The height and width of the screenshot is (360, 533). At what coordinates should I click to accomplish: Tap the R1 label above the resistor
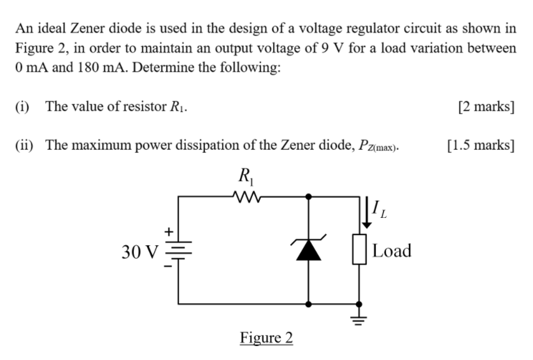(244, 175)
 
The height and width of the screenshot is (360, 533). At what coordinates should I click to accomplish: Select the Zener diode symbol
(309, 251)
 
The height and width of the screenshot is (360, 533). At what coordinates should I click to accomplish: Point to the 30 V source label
(139, 252)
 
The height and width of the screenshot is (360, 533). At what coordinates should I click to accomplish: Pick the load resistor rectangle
(360, 250)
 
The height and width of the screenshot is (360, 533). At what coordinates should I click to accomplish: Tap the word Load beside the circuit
(392, 251)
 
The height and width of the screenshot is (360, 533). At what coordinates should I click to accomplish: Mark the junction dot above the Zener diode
(309, 197)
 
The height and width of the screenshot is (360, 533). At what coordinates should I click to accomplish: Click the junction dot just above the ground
(360, 305)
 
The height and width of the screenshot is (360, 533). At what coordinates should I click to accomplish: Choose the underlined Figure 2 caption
(266, 337)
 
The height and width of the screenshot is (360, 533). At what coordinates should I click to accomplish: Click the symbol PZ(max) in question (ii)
(376, 146)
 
